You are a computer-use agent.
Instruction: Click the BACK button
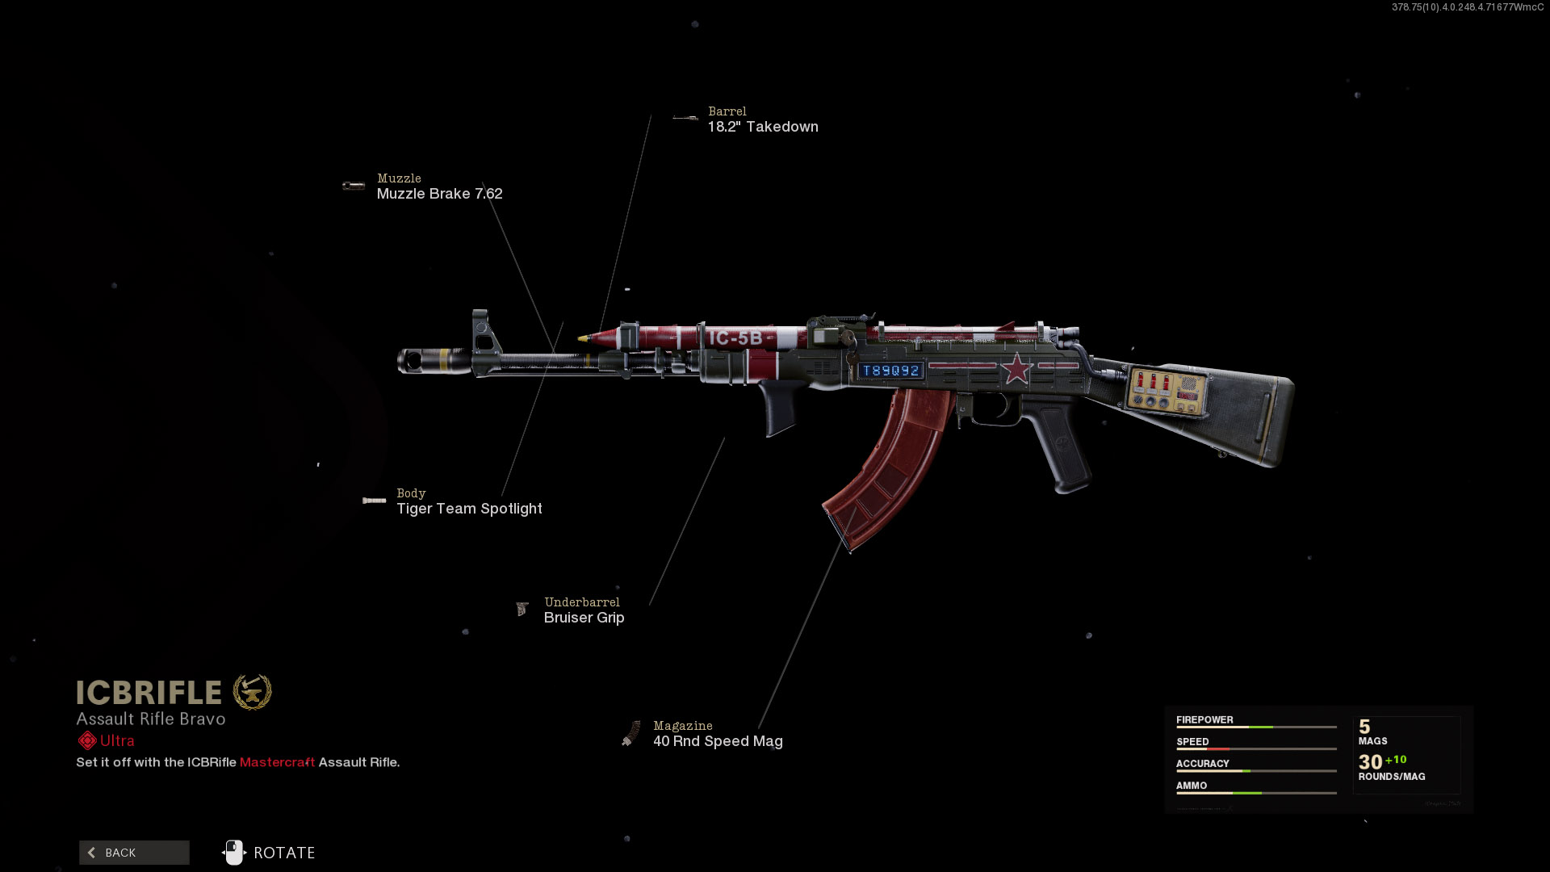(x=134, y=853)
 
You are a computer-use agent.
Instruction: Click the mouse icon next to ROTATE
(x=233, y=853)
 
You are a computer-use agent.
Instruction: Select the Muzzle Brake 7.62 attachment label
(x=439, y=194)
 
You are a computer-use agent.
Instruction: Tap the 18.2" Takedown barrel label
(x=763, y=127)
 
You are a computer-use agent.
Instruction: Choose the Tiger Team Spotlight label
(x=469, y=509)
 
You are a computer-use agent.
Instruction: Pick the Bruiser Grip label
(x=584, y=618)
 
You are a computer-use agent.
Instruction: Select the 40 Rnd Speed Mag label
(x=718, y=741)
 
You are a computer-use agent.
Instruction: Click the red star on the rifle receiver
(x=1016, y=369)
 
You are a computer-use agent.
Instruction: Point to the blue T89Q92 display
(x=890, y=371)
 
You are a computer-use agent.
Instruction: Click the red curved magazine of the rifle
(x=888, y=468)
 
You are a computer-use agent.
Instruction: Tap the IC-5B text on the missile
(x=735, y=338)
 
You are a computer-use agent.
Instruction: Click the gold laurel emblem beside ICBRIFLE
(x=253, y=692)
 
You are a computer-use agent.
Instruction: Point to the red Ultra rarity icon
(x=87, y=740)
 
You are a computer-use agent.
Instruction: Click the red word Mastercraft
(x=277, y=762)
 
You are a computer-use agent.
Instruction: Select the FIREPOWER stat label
(x=1204, y=719)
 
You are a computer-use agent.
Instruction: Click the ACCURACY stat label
(x=1202, y=763)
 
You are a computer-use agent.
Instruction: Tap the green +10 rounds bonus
(x=1396, y=760)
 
